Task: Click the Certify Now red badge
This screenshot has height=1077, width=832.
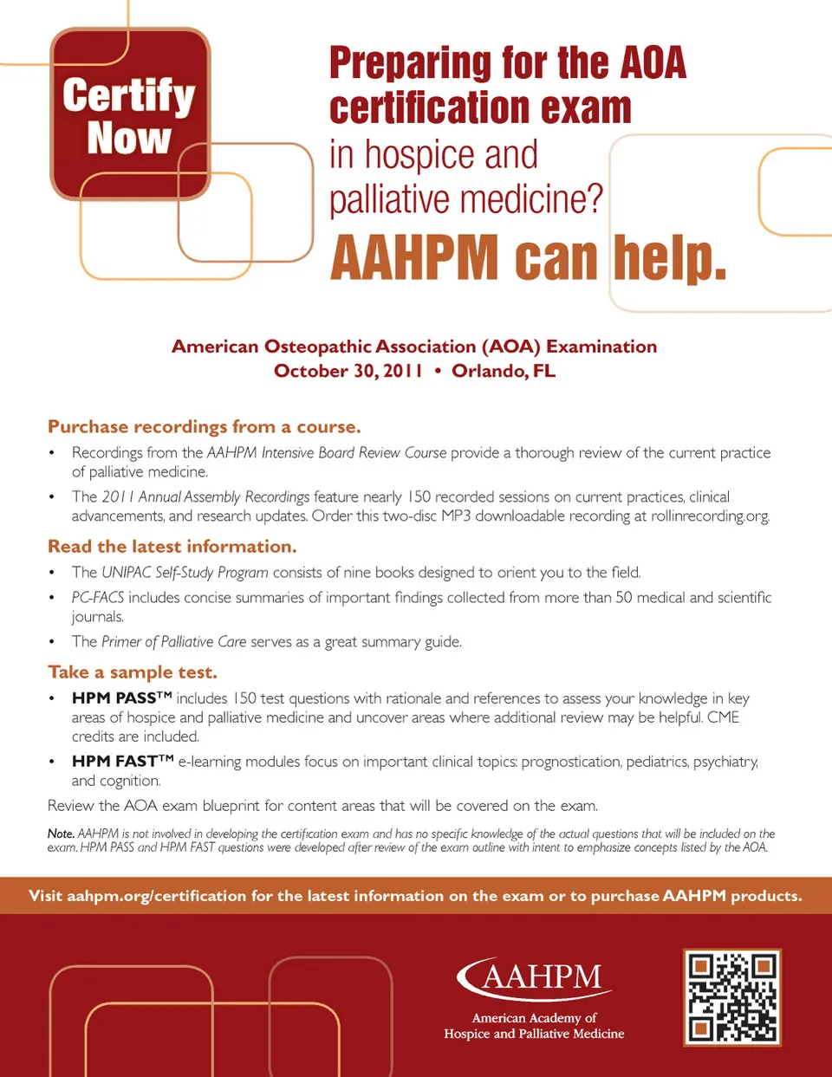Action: (x=130, y=114)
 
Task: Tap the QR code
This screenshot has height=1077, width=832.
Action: (x=732, y=996)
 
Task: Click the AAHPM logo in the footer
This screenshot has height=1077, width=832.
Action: (x=534, y=977)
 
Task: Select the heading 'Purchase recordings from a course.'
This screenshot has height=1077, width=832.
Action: (x=205, y=427)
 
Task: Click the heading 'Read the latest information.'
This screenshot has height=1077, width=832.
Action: (x=172, y=547)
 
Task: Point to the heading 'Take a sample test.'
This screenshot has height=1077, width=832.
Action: (x=133, y=672)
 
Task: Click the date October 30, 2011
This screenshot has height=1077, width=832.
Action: (x=348, y=371)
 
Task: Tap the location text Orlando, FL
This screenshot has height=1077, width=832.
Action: (x=504, y=371)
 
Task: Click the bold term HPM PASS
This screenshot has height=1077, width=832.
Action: (x=114, y=698)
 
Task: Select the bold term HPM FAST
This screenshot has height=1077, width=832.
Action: (x=115, y=762)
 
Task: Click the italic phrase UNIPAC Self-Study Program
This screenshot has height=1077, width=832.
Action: (x=185, y=573)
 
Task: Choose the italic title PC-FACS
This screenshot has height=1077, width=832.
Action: (x=98, y=598)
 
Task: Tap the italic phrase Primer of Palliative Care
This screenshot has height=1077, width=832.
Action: (x=174, y=642)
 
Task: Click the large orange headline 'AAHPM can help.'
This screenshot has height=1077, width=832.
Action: (x=528, y=258)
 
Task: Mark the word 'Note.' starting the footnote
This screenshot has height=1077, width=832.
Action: (x=61, y=834)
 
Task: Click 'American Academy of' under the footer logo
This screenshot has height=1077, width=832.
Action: (x=534, y=1018)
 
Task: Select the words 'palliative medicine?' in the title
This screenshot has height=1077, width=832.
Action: (x=465, y=199)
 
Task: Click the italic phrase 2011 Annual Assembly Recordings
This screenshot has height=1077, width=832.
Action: (x=205, y=497)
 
